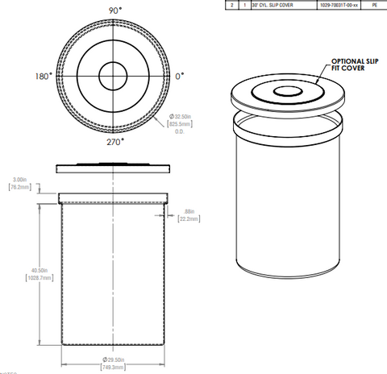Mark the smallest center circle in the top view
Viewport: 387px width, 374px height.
(x=115, y=77)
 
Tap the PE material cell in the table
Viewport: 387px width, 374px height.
(x=374, y=5)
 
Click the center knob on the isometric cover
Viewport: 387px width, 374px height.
(x=286, y=92)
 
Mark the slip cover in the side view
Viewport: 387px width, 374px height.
(x=114, y=168)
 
